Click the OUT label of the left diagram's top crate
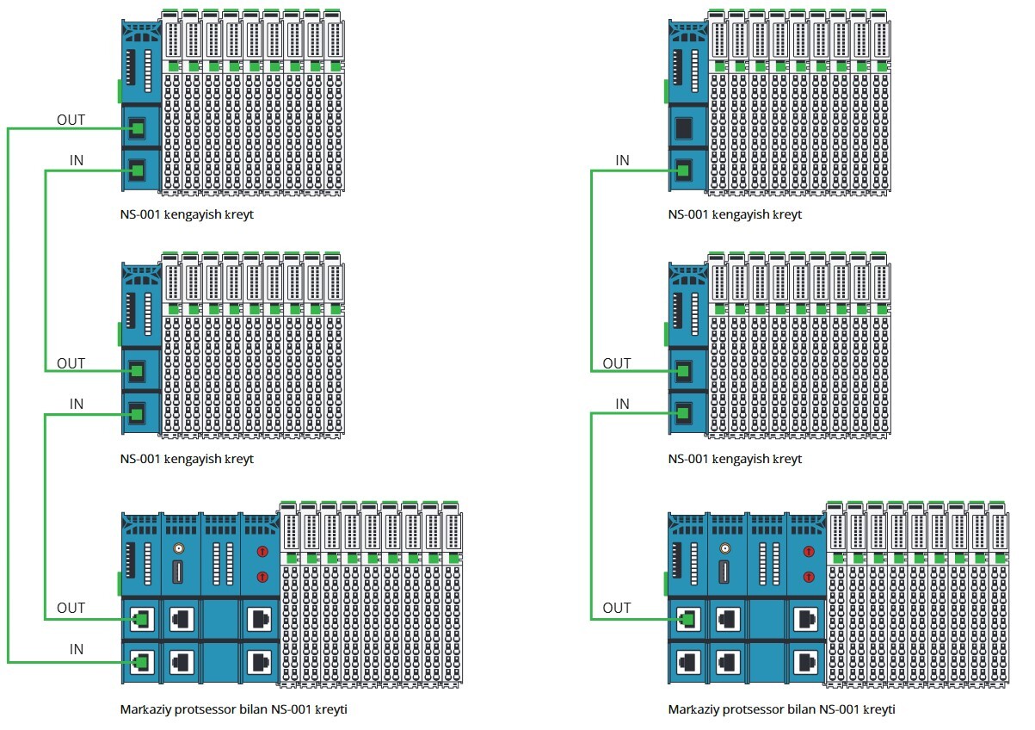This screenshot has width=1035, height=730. coord(71,120)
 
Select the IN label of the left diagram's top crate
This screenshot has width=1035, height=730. coord(77,161)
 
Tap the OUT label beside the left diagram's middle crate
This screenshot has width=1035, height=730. coord(71,363)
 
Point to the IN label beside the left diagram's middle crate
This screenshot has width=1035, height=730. coord(77,404)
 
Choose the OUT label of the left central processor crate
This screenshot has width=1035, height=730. coord(71,608)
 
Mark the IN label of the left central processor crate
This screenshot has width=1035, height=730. coord(77,649)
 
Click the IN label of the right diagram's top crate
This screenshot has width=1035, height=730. coord(622,161)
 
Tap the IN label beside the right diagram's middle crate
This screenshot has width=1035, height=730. coord(622,404)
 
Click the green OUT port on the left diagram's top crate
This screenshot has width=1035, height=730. coord(136,129)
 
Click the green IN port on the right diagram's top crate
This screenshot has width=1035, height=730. coord(684,170)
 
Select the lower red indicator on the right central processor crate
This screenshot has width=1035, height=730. coord(808,576)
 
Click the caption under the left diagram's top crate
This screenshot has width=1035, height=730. coord(187,214)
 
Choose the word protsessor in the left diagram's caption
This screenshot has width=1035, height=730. coord(201,710)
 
